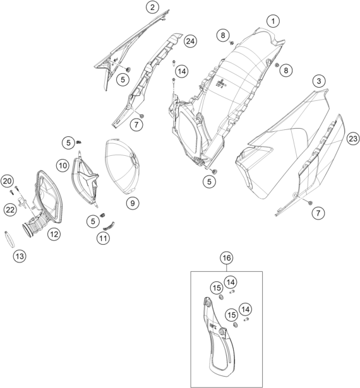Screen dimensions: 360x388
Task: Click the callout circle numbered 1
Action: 273,21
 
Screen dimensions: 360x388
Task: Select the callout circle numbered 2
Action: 152,7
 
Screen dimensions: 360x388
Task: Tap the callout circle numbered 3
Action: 318,81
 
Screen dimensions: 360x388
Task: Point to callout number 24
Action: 190,41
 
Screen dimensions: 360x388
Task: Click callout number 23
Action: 353,139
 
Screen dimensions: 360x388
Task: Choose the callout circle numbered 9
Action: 133,203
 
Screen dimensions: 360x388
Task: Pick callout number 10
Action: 63,165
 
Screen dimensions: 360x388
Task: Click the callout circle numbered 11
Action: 103,238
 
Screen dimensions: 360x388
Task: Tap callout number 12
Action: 54,234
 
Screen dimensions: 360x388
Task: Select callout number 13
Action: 20,256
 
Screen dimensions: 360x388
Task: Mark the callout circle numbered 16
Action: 227,258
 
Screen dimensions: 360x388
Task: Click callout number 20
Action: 7,181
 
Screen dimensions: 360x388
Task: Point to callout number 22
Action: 10,210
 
